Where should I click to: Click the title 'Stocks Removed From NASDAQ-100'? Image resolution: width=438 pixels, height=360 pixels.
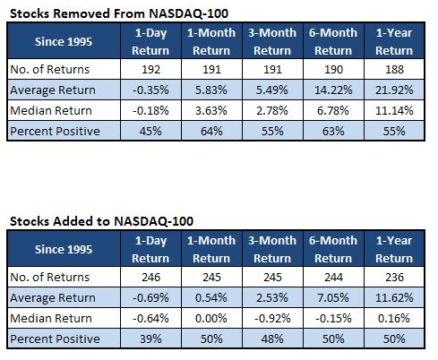coord(119,13)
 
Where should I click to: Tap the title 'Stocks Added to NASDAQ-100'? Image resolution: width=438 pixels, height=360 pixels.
coord(101,221)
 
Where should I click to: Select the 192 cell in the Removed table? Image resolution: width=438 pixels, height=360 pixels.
coord(150,69)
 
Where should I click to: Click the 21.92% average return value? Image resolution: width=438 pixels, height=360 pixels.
coord(394,90)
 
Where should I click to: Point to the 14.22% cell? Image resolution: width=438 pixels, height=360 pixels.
coord(333,90)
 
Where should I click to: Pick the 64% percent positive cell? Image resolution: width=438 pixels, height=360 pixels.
coord(211,131)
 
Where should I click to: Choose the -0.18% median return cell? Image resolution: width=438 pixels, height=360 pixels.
coord(150,110)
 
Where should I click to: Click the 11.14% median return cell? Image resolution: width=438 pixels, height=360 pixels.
coord(394,110)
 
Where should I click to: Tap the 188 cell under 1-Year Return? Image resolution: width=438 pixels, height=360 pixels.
coord(394,69)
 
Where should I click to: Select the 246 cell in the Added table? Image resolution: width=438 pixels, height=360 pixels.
coord(150,277)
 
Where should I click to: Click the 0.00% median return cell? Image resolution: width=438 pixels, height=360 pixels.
coord(211,318)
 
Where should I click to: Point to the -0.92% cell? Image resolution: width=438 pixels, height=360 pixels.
coord(272,318)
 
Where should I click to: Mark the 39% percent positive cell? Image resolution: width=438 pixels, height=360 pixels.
coord(150,339)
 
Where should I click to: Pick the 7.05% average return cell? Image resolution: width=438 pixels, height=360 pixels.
coord(333,297)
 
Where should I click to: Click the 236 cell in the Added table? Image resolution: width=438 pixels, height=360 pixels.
coord(394,277)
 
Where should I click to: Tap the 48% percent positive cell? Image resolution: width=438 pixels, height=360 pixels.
coord(272,339)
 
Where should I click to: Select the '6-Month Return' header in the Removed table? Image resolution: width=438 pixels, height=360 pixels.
coord(333,41)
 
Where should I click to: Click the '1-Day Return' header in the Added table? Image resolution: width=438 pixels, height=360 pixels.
coord(150,249)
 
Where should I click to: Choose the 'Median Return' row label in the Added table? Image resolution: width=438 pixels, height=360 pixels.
coord(51,318)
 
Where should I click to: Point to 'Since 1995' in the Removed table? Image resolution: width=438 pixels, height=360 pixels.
coord(64,41)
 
